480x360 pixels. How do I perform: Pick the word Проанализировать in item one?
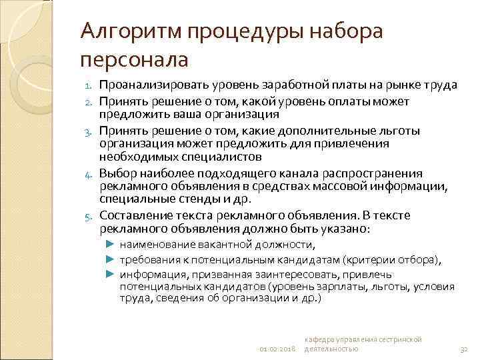click(x=154, y=85)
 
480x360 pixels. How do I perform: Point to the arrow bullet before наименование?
click(x=111, y=245)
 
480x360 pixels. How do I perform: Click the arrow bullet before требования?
click(x=111, y=259)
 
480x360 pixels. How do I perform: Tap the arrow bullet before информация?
click(x=111, y=274)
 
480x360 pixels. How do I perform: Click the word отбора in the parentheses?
click(x=418, y=259)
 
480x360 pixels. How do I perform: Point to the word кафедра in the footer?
click(x=322, y=340)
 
